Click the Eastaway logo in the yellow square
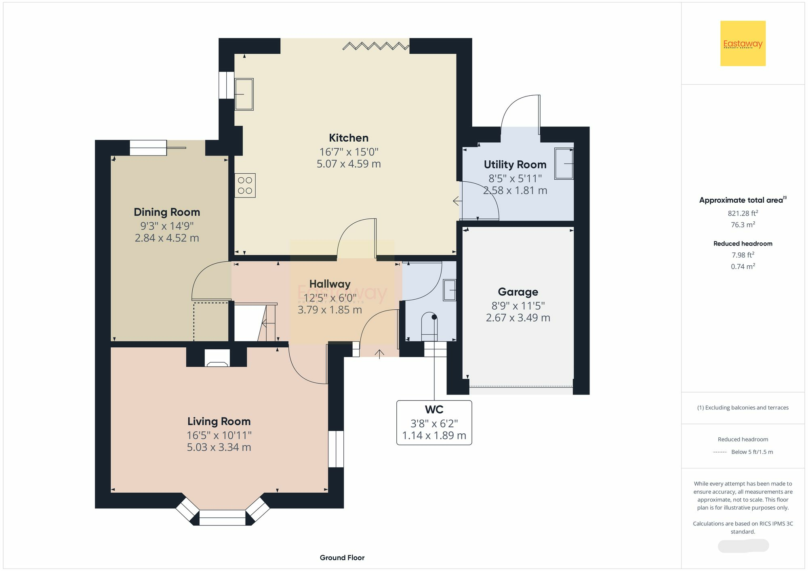click(x=743, y=43)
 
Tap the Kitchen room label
click(x=349, y=138)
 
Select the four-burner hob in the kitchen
click(x=245, y=185)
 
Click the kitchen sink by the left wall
click(x=244, y=94)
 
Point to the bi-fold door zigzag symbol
click(x=376, y=46)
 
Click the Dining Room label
click(x=167, y=212)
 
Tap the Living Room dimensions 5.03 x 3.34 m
click(x=219, y=447)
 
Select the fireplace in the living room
click(x=217, y=358)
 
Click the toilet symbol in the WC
click(x=429, y=327)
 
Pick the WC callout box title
click(x=434, y=409)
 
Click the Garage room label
click(x=518, y=292)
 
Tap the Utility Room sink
click(x=564, y=164)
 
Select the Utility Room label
click(x=515, y=164)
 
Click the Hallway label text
click(x=330, y=284)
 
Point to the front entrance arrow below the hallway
click(x=379, y=354)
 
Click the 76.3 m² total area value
click(x=743, y=225)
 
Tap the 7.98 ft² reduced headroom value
click(x=743, y=255)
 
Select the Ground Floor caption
click(x=342, y=558)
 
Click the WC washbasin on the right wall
click(x=450, y=290)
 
